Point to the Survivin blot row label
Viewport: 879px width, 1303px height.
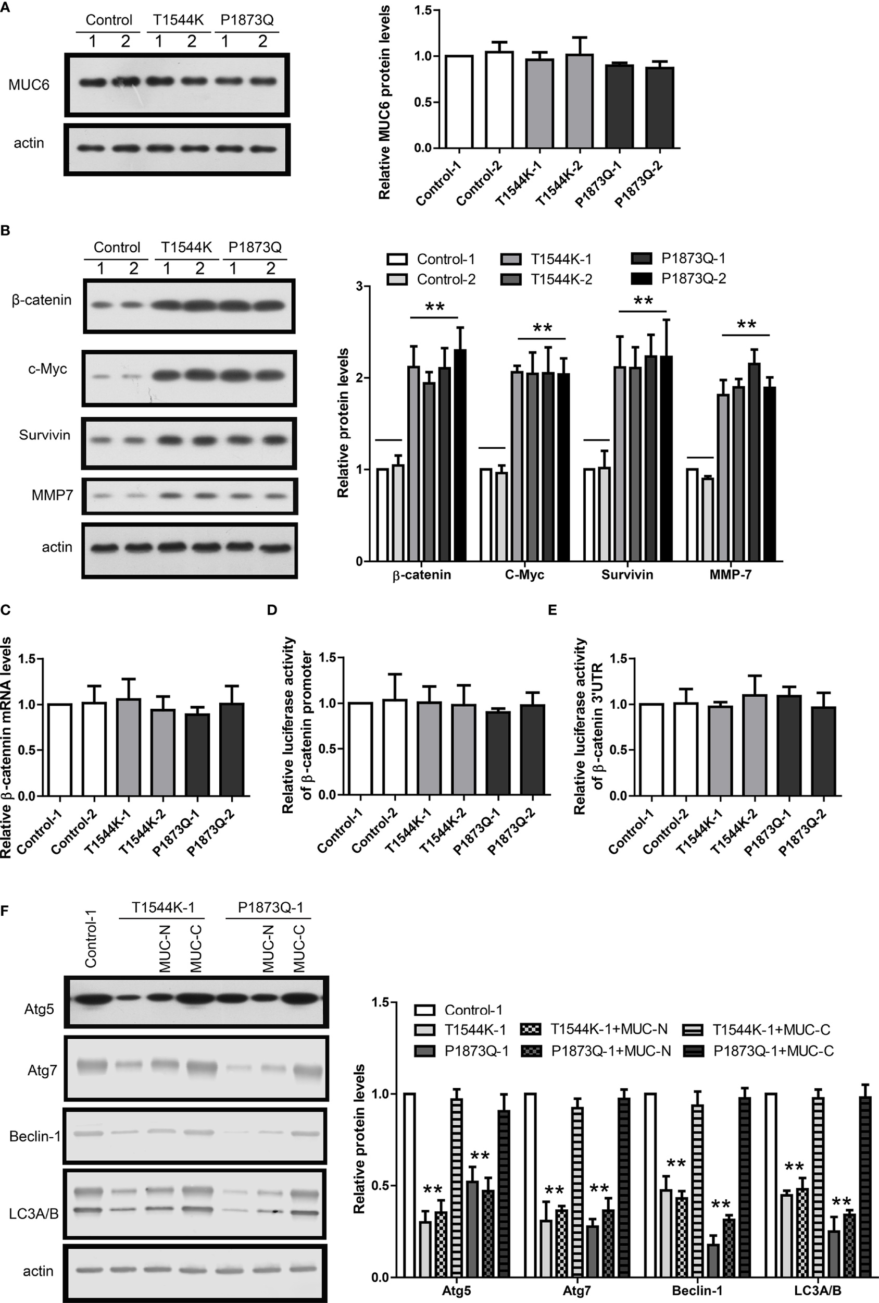(x=45, y=435)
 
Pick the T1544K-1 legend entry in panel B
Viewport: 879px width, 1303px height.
(x=547, y=259)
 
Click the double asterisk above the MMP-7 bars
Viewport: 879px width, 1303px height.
(x=746, y=325)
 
